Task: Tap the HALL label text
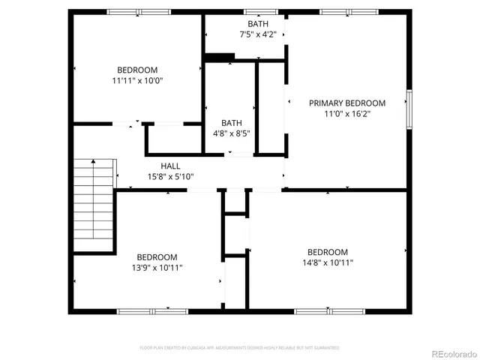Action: click(170, 166)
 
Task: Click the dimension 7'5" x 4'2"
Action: click(258, 34)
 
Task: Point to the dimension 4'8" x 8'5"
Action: click(231, 133)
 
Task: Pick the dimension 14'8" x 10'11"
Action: click(328, 262)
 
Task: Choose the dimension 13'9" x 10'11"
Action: click(157, 267)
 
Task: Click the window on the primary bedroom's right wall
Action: click(409, 109)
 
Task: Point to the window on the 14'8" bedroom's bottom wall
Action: click(328, 310)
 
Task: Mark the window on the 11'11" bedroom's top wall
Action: click(139, 12)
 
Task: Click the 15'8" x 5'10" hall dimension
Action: click(170, 177)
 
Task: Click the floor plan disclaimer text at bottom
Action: click(240, 348)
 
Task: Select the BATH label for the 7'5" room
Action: click(258, 24)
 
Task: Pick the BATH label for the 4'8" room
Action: click(231, 123)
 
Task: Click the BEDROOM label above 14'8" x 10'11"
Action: click(328, 252)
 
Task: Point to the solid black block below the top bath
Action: click(220, 57)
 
